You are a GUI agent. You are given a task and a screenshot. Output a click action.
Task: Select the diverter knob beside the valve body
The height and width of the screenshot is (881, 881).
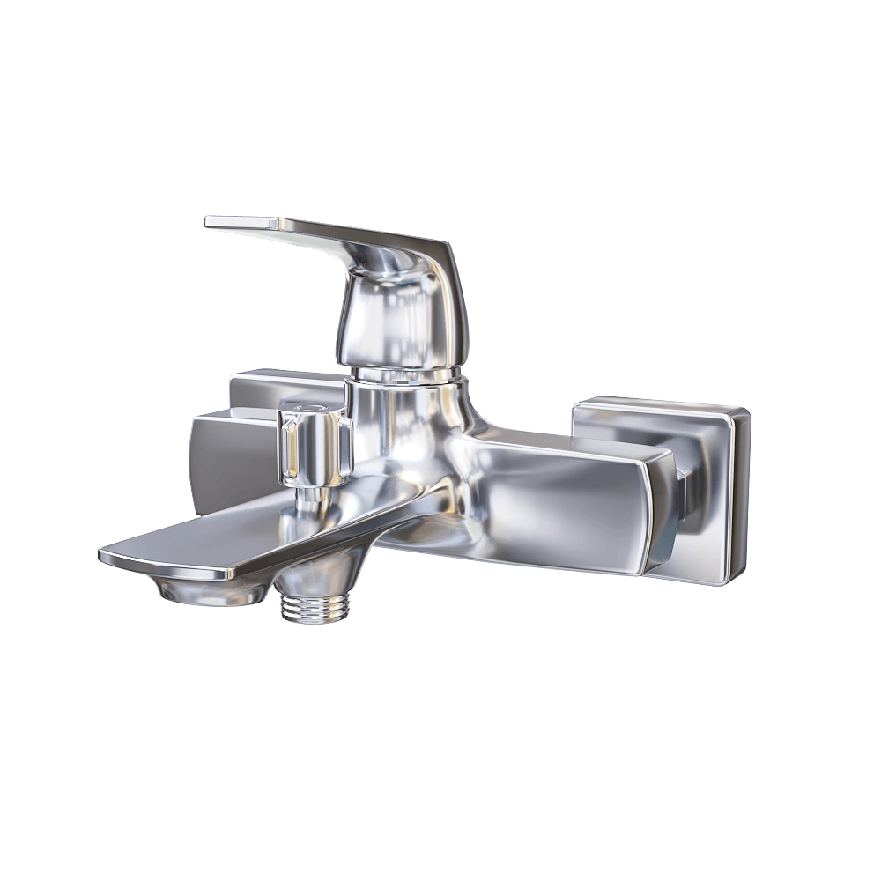[315, 445]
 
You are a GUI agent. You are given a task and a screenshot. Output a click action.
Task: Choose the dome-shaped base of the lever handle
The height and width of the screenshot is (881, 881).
[396, 317]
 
